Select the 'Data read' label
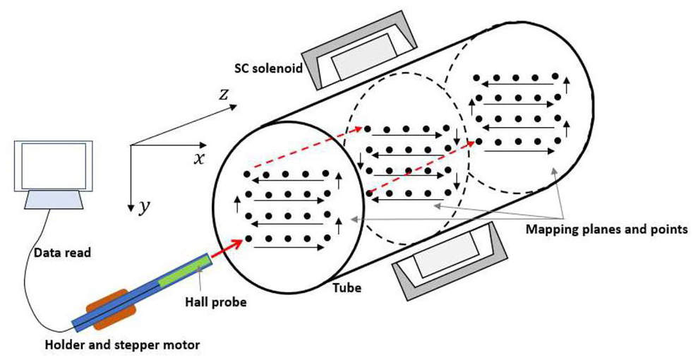[61, 252]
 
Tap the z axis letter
[223, 93]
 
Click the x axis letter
[200, 158]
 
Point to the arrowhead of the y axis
[131, 208]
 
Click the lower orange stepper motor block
[111, 318]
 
